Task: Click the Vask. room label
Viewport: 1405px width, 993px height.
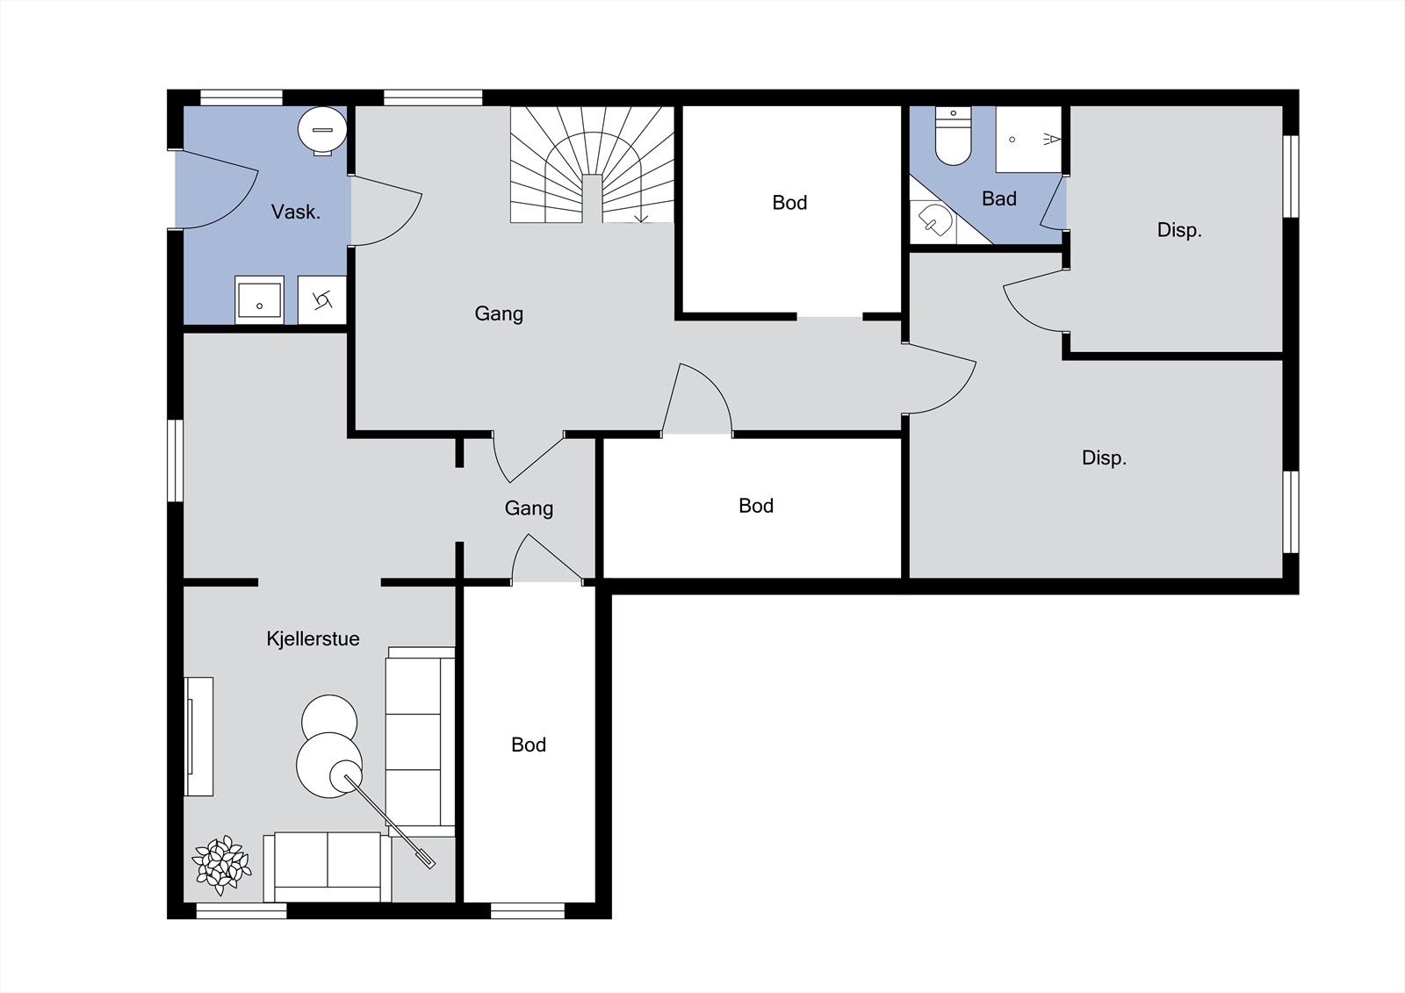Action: pyautogui.click(x=295, y=212)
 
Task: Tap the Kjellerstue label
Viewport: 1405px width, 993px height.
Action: pyautogui.click(x=313, y=638)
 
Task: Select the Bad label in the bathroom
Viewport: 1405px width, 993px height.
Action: pyautogui.click(x=999, y=198)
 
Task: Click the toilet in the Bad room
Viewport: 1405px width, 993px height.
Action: pyautogui.click(x=953, y=135)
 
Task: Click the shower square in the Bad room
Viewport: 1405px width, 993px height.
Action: pyautogui.click(x=1028, y=140)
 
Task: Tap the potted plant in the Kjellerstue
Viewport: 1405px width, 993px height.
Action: pyautogui.click(x=222, y=865)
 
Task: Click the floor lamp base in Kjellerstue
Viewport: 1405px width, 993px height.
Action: pyautogui.click(x=346, y=776)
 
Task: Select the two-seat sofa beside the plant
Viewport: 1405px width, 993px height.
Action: pyautogui.click(x=328, y=867)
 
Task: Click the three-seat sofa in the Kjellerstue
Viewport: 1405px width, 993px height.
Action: pyautogui.click(x=421, y=741)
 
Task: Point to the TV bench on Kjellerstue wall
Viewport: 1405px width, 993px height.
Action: pyautogui.click(x=198, y=737)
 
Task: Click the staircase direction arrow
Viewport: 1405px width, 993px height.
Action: pyautogui.click(x=640, y=209)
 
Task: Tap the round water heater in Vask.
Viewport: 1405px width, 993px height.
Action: pyautogui.click(x=322, y=131)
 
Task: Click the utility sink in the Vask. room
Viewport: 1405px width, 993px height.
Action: pyautogui.click(x=259, y=300)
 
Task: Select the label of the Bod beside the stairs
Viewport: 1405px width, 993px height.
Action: pyautogui.click(x=789, y=203)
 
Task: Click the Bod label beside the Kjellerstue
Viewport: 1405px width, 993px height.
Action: pyautogui.click(x=529, y=745)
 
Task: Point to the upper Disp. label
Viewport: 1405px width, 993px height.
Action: pyautogui.click(x=1179, y=230)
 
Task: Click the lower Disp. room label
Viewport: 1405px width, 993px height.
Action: pyautogui.click(x=1104, y=458)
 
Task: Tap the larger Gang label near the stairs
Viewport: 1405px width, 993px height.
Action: pyautogui.click(x=499, y=313)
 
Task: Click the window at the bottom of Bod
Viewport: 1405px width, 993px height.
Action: pyautogui.click(x=528, y=910)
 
